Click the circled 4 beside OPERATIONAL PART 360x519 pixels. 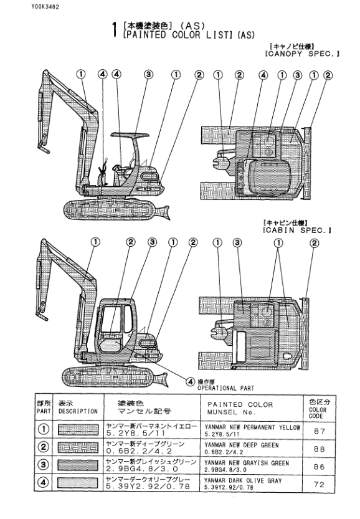coord(189,381)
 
